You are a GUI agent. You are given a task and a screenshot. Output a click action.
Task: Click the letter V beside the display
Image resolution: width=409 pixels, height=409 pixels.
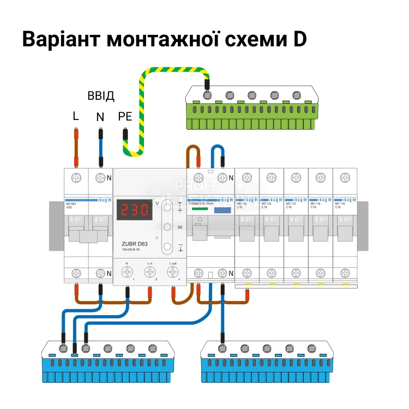point(158,203)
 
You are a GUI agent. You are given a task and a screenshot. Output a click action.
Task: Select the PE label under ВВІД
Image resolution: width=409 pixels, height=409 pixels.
point(125,116)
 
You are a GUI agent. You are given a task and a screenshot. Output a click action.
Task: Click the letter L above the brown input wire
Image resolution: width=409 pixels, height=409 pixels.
point(76,116)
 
